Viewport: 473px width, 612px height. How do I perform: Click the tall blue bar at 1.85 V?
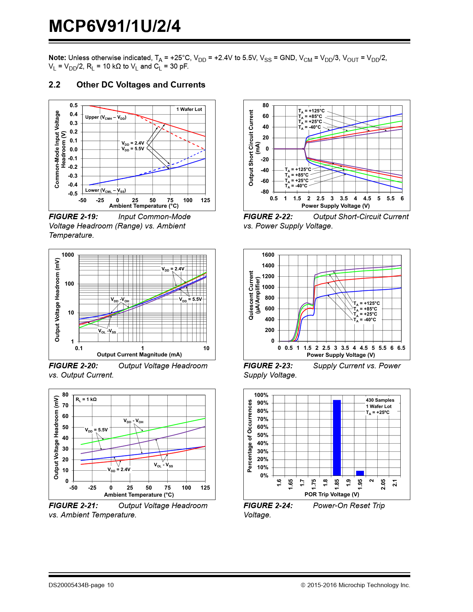coord(336,438)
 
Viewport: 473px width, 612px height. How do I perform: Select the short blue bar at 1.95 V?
coord(360,473)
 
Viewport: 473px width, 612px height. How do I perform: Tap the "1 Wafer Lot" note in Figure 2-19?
coord(189,109)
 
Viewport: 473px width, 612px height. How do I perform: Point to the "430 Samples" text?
coord(380,400)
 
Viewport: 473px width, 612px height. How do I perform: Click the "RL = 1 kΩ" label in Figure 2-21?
coord(86,399)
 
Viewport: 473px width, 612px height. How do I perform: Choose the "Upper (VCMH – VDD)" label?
coord(106,117)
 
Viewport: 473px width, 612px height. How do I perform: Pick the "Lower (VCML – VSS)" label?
coord(105,190)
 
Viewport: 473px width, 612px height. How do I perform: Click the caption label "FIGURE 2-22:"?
coord(268,217)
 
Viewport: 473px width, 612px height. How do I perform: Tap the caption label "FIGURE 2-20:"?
coord(73,366)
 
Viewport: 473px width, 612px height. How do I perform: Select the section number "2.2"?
coord(55,85)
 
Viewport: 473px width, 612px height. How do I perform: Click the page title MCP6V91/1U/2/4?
coord(115,26)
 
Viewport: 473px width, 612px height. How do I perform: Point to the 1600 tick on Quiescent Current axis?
coord(268,255)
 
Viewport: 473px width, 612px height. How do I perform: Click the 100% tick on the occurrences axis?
coord(261,395)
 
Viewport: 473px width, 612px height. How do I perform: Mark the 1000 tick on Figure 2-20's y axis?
coord(68,255)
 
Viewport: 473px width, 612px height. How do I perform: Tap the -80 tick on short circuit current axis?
coord(265,192)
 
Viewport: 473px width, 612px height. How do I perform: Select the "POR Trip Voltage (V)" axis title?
coord(332,494)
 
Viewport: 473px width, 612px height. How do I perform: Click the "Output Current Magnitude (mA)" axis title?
coord(139,355)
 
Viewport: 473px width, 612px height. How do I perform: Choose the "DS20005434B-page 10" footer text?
coord(81,585)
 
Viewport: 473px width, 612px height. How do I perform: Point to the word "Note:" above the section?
coord(58,58)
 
